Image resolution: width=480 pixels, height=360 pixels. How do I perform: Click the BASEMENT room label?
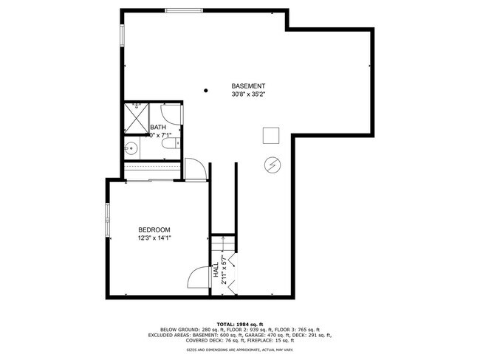(248, 86)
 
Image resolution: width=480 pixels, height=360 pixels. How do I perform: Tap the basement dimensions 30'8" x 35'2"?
(248, 94)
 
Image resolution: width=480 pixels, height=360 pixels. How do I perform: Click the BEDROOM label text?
(154, 229)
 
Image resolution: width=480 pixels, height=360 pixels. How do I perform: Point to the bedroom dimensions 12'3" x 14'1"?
(154, 238)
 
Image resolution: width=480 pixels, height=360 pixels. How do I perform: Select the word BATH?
(158, 128)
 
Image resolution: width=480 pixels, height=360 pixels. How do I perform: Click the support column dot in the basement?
(206, 91)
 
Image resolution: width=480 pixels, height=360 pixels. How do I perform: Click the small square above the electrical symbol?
(271, 135)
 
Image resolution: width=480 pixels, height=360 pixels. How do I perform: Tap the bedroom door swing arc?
(198, 277)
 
